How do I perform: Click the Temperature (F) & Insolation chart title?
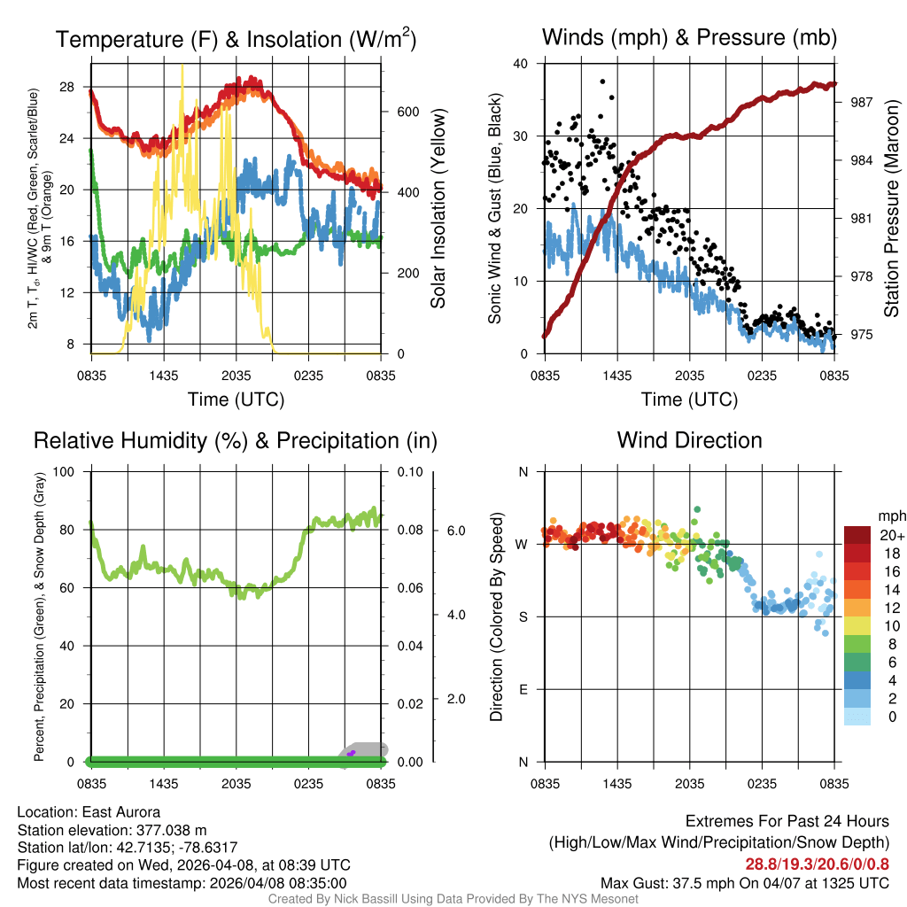pos(236,40)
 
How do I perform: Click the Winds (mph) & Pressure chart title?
pos(689,37)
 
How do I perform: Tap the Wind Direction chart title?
pos(689,440)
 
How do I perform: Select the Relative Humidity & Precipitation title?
pos(236,440)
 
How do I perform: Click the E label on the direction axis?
pos(523,689)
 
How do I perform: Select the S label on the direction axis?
pos(523,616)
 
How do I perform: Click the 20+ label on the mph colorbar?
pos(892,535)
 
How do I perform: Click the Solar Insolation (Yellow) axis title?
pos(438,208)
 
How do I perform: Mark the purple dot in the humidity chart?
pos(352,753)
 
